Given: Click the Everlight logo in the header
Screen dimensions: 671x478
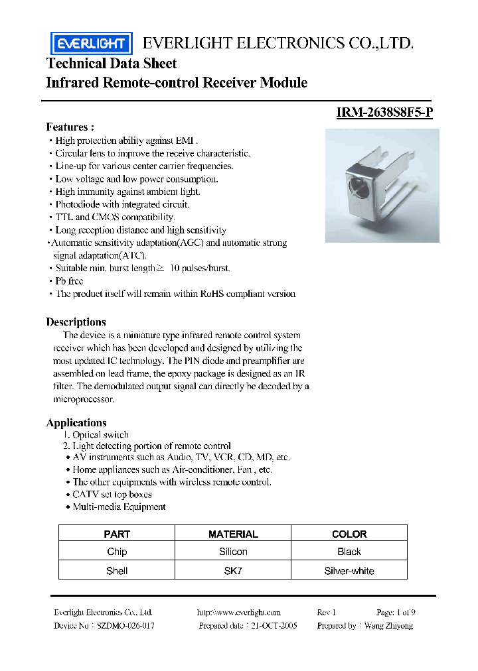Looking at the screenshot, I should click(91, 44).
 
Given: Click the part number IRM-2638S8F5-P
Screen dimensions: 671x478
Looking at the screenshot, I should click(384, 112).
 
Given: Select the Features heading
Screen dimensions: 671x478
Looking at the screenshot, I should click(70, 127).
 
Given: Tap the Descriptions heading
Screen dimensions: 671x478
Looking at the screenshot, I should click(76, 322).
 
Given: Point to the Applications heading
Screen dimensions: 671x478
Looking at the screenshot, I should click(76, 423).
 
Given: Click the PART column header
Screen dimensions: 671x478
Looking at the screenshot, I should click(117, 534).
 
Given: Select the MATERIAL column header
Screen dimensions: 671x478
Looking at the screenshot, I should click(233, 534).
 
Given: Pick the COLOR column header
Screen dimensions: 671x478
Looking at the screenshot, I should click(349, 534).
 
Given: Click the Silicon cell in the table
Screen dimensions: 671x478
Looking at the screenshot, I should click(233, 552).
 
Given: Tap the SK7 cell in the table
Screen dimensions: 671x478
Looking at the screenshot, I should click(233, 570).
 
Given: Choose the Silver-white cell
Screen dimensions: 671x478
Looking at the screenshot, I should click(349, 570).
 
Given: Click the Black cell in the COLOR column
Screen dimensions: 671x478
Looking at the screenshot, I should click(349, 552).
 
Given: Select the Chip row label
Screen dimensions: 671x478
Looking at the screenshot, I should click(117, 552).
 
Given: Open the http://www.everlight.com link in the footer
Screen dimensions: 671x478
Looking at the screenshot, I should click(239, 613).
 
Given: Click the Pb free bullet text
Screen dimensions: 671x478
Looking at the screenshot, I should click(69, 281).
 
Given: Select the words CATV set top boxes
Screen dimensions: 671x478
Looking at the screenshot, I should click(112, 495).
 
